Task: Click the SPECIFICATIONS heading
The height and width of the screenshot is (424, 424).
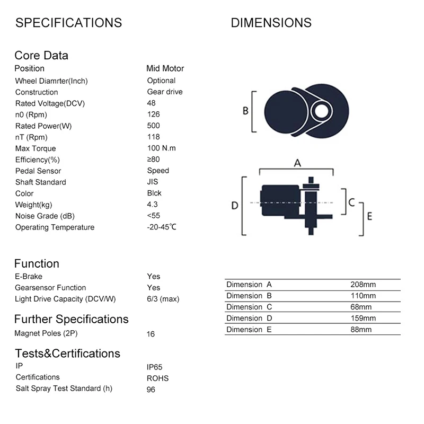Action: click(68, 23)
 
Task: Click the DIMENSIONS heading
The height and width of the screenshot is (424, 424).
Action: click(271, 23)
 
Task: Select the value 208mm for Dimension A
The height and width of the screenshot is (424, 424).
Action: click(363, 285)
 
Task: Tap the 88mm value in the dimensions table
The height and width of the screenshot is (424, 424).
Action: click(361, 330)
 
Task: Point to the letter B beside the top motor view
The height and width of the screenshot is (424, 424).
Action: click(245, 111)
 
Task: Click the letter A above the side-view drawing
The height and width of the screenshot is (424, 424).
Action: click(297, 163)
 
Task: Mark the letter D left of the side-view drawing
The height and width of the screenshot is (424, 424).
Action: click(235, 205)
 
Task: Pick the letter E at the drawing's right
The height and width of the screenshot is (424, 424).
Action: click(369, 216)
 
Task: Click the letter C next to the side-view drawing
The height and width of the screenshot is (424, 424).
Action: click(351, 202)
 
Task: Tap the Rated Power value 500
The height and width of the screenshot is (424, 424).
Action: click(153, 126)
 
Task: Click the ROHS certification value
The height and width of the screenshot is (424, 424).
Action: click(157, 378)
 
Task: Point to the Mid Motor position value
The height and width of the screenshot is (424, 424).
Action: click(165, 68)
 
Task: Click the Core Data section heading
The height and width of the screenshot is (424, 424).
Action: click(41, 56)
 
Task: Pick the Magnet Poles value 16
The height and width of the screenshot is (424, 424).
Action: click(151, 334)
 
